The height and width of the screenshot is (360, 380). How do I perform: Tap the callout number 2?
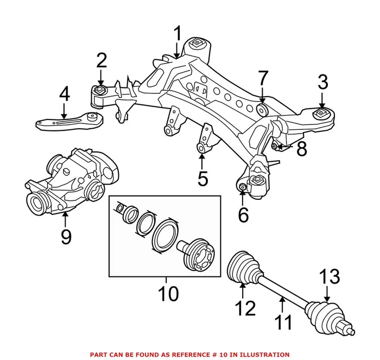point(102,61)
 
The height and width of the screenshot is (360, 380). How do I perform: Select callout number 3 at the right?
point(323,83)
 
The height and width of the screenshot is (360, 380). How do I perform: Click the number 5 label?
point(202,178)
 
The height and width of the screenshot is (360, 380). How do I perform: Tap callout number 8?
point(301,148)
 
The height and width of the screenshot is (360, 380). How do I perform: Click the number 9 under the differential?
point(66,237)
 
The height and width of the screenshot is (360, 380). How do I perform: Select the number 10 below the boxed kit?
point(168,294)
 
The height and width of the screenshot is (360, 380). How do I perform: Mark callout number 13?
point(328,277)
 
